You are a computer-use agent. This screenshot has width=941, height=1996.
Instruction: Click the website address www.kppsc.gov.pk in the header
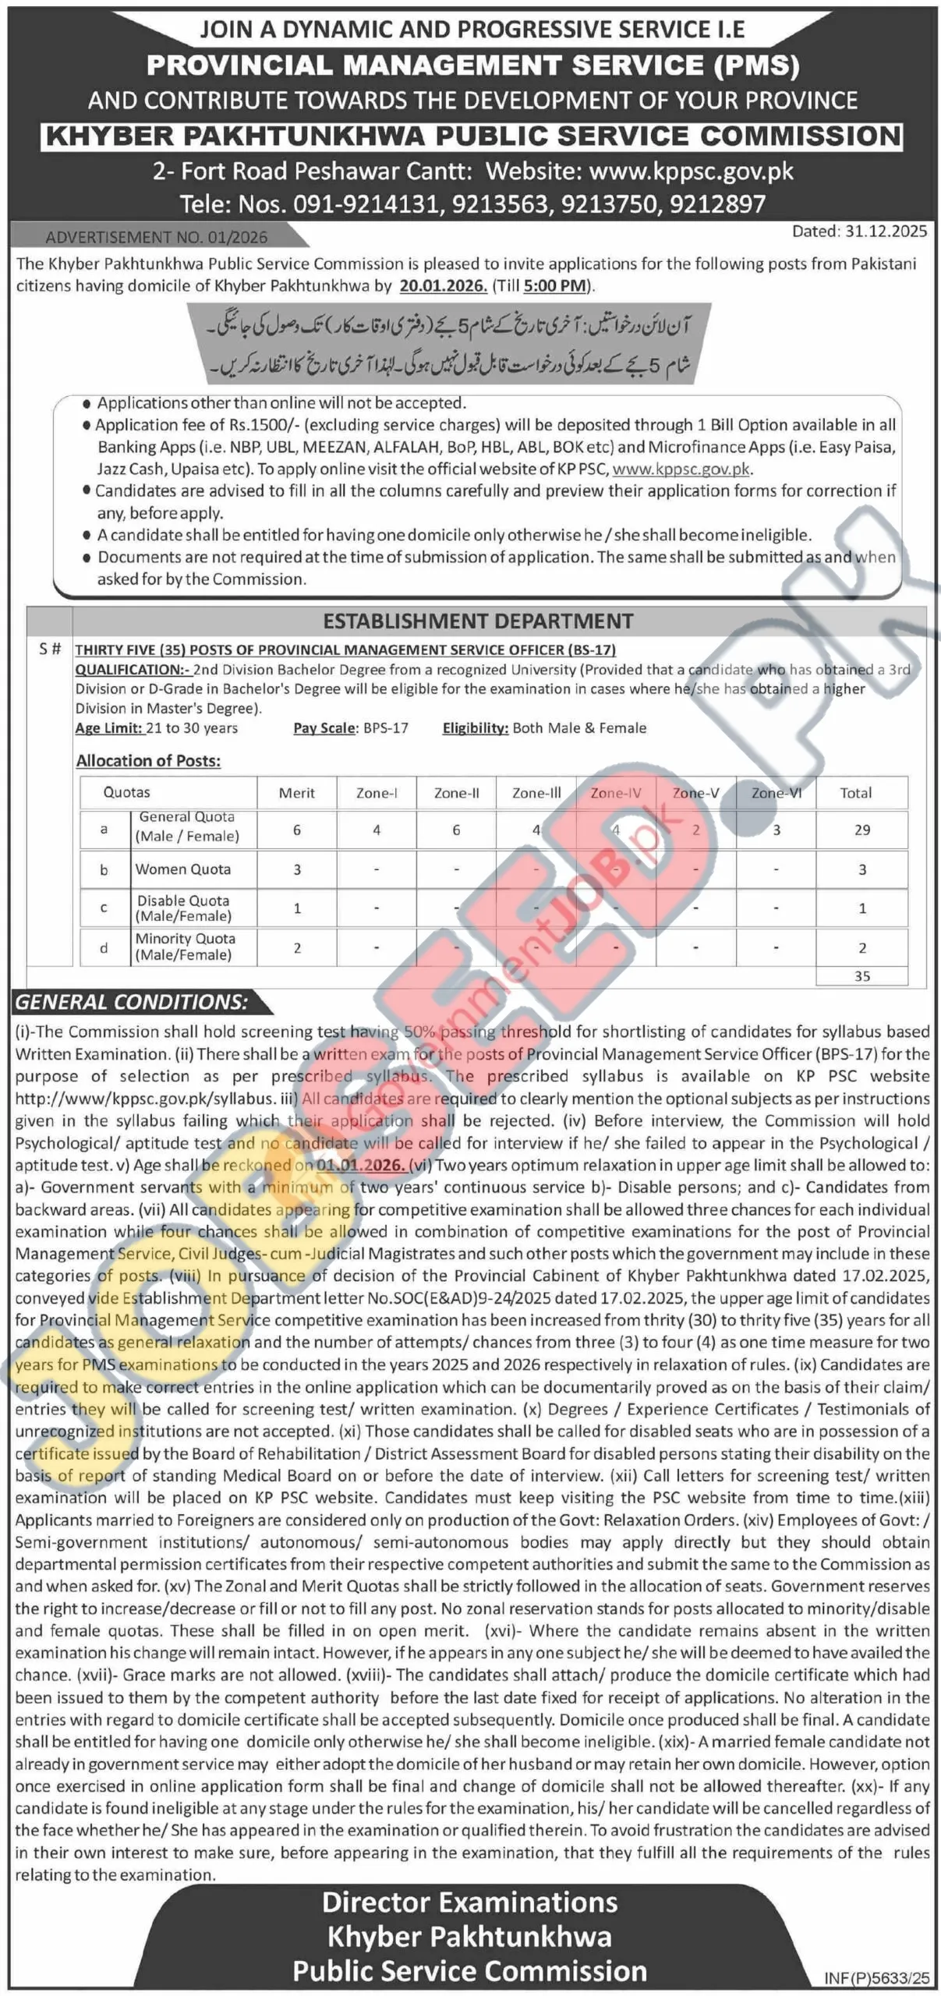pos(691,171)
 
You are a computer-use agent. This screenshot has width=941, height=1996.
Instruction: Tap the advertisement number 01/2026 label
pos(156,237)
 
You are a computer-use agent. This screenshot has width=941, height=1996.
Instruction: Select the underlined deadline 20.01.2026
pos(443,285)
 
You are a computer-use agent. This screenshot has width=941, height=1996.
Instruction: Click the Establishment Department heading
pos(478,621)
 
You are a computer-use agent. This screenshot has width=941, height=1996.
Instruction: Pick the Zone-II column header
pos(456,793)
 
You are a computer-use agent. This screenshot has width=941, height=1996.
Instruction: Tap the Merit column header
pos(297,793)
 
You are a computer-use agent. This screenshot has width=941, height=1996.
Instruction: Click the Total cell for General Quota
pos(861,830)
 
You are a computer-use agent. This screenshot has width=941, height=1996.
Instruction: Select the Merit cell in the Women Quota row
pos(297,869)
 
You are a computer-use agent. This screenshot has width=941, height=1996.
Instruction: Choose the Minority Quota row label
pos(185,947)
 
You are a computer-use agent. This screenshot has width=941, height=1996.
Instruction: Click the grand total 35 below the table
pos(861,976)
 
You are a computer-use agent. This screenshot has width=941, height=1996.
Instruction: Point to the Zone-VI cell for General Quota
pos(776,830)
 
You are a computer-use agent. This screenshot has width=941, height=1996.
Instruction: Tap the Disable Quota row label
pos(183,908)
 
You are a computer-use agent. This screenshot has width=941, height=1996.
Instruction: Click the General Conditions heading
pos(132,1002)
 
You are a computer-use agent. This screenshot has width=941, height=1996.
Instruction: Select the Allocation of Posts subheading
pos(148,761)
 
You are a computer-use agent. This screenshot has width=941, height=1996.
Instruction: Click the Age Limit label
pos(108,728)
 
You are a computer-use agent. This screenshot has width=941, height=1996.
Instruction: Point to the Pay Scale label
pos(324,728)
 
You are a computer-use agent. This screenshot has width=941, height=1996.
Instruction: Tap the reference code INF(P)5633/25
pos(876,1978)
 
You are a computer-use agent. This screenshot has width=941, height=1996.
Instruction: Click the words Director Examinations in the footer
pos(469,1902)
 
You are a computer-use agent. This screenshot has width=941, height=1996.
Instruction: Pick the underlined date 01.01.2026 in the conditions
pos(361,1166)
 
